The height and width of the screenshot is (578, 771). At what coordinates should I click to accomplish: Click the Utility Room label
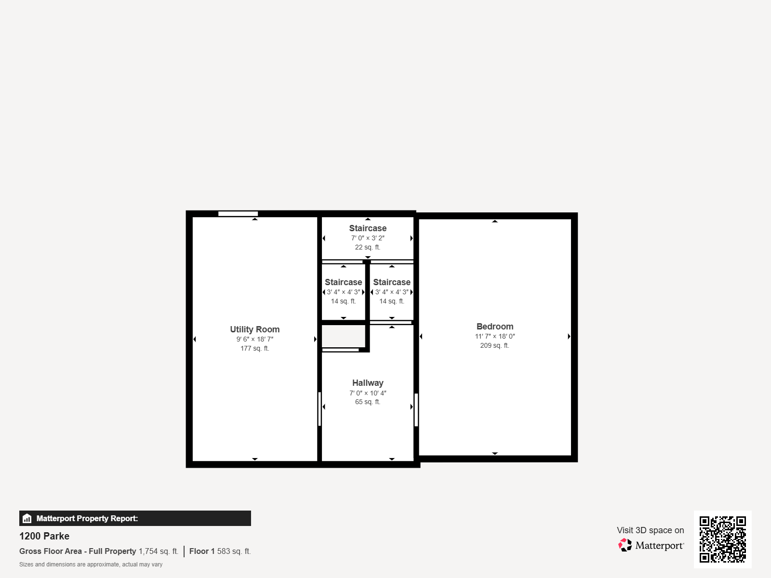(x=254, y=329)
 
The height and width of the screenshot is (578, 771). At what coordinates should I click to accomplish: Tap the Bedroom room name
(x=494, y=327)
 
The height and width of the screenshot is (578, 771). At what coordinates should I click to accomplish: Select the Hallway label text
(x=368, y=383)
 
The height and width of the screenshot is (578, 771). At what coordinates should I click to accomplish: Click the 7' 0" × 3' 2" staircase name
(x=368, y=228)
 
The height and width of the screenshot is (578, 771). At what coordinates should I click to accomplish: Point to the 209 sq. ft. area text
(x=494, y=345)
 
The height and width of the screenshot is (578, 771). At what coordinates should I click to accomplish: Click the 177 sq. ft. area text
(x=254, y=348)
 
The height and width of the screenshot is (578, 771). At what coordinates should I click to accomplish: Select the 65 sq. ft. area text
(x=368, y=402)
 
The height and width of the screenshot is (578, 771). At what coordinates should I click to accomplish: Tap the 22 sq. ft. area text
(x=368, y=247)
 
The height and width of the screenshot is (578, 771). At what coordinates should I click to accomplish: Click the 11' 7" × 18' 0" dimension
(x=494, y=336)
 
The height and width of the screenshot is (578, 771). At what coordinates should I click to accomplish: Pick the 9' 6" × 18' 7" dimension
(x=254, y=339)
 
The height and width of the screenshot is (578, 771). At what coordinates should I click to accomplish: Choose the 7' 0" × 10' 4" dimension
(x=368, y=393)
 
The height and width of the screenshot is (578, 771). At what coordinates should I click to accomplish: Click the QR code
(x=722, y=539)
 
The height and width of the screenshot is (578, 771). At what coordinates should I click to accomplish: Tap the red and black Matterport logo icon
(x=625, y=545)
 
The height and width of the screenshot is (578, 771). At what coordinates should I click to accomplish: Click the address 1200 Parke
(x=44, y=536)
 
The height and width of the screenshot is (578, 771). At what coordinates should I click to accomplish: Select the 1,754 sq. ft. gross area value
(x=159, y=551)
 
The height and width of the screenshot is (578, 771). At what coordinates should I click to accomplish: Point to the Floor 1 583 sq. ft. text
(x=220, y=551)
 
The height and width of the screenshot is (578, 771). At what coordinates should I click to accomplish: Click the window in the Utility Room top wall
(x=238, y=214)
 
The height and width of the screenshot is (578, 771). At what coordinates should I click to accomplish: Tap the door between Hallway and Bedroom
(x=416, y=410)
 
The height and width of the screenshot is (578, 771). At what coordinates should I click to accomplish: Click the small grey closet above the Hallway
(x=344, y=336)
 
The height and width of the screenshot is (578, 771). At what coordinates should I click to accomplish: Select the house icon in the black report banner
(x=27, y=518)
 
